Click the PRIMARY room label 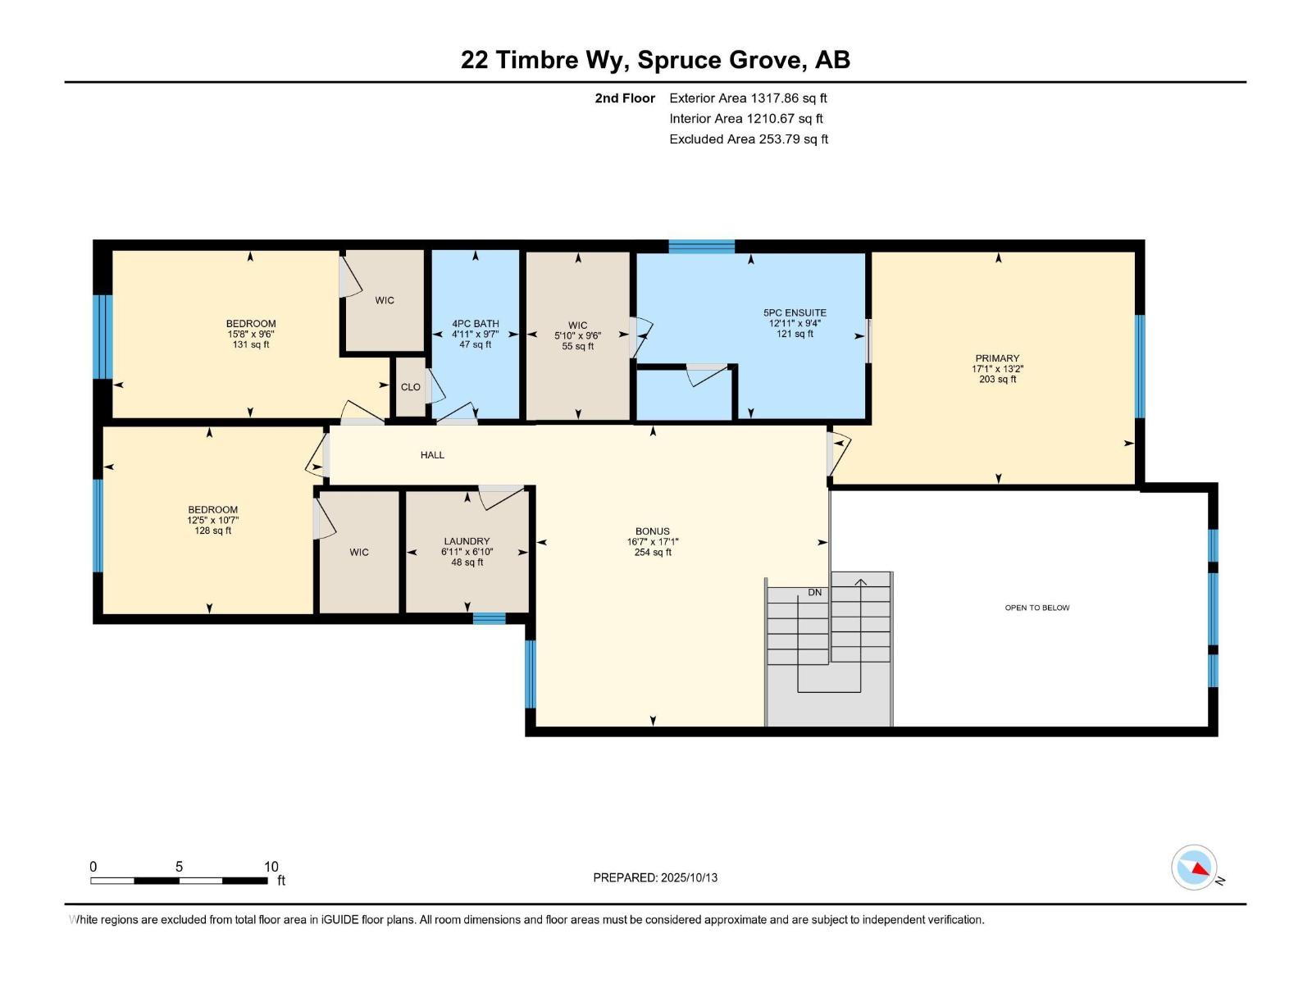(996, 358)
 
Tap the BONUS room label (652, 531)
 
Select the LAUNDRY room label (467, 541)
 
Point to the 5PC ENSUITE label (795, 312)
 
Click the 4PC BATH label (475, 324)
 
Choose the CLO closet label (411, 387)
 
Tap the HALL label (432, 455)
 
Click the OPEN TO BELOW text (1037, 608)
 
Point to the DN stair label (815, 593)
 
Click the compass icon (1194, 868)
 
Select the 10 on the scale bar (271, 867)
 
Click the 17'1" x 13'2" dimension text (997, 369)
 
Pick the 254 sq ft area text (653, 553)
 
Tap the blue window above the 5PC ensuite (701, 246)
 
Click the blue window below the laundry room (489, 619)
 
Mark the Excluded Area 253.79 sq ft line (749, 139)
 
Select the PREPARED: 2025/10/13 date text (655, 877)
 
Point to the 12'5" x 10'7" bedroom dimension (212, 521)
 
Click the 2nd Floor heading (625, 98)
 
